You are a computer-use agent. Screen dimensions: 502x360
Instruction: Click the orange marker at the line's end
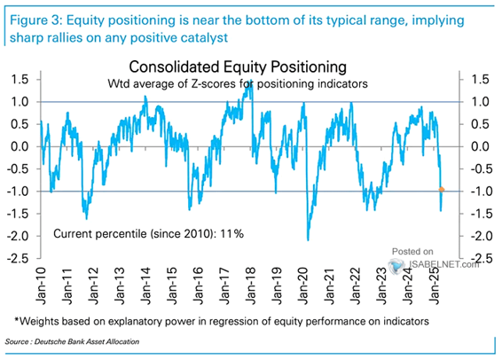[441, 190]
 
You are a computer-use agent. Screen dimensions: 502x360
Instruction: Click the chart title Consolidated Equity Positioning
[238, 67]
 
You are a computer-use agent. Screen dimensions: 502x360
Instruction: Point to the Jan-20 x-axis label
[302, 286]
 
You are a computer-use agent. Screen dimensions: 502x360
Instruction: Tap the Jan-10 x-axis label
[42, 286]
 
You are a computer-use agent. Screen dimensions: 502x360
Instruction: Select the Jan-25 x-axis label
[434, 286]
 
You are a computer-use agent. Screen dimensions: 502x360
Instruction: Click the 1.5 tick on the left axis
[20, 80]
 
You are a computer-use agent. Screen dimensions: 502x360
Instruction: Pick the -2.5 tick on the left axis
[18, 259]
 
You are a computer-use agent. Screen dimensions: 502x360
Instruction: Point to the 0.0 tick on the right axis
[480, 146]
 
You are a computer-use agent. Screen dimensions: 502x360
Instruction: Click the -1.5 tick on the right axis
[480, 214]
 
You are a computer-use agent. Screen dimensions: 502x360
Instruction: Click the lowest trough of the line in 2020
[308, 240]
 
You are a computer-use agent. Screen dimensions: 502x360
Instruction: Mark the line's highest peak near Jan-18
[251, 81]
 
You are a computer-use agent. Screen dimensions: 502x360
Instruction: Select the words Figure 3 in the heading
[35, 20]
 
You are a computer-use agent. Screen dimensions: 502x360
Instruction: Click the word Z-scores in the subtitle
[216, 84]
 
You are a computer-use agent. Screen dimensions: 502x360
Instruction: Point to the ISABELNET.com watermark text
[444, 264]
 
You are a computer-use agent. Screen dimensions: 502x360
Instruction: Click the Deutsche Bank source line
[72, 341]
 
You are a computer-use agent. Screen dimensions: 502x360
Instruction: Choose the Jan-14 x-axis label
[146, 286]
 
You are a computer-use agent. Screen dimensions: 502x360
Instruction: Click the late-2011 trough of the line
[86, 218]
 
